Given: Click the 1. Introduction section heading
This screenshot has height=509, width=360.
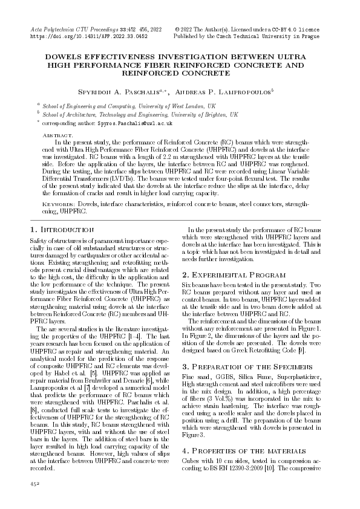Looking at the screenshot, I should point(62,230).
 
